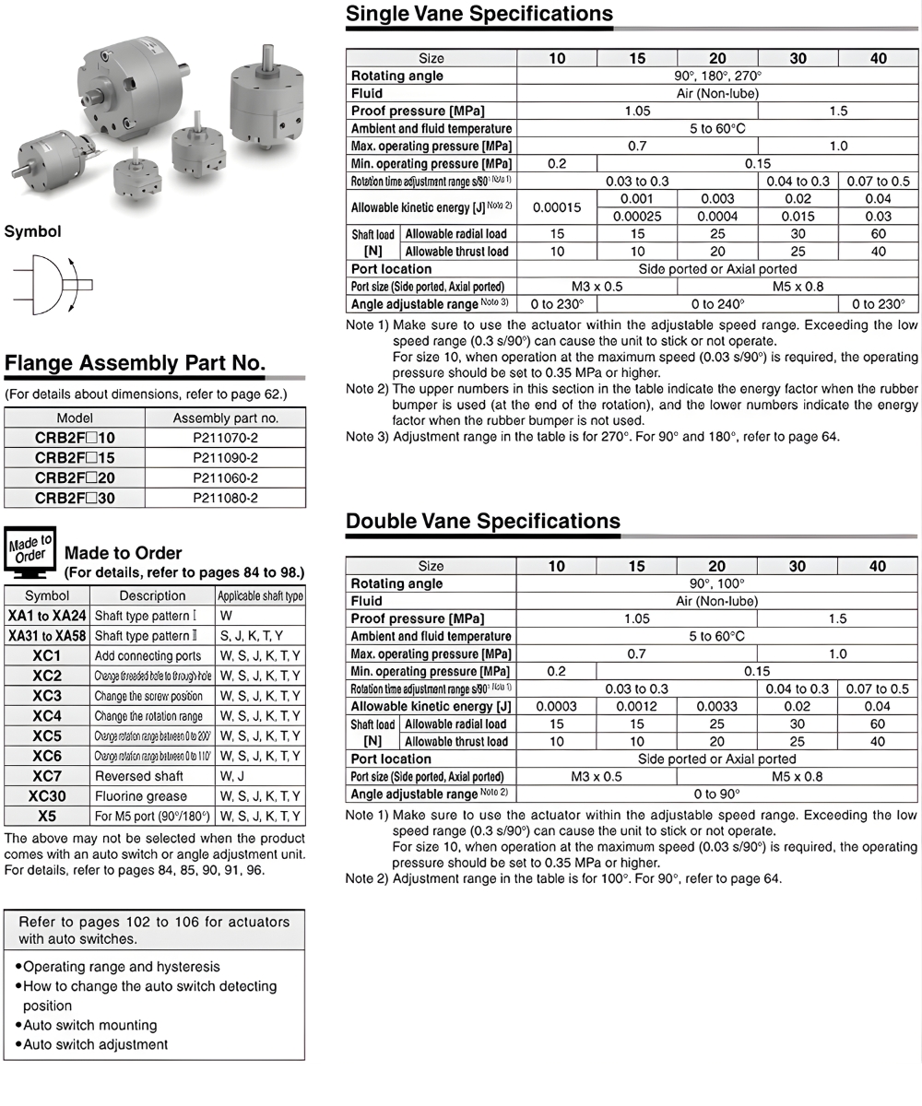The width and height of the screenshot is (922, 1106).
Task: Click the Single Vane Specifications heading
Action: (x=479, y=14)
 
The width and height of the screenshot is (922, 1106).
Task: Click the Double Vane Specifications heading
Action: (x=482, y=522)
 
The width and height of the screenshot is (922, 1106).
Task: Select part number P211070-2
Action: (x=225, y=438)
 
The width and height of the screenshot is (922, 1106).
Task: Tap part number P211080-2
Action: (x=225, y=498)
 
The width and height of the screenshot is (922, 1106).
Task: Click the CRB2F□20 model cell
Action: (x=75, y=477)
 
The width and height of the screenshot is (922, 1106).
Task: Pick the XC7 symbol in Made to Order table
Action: (x=47, y=776)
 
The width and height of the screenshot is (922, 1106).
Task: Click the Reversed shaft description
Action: (x=138, y=776)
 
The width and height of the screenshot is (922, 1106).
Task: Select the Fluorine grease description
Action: (x=140, y=796)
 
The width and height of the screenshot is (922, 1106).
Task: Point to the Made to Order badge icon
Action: (x=30, y=549)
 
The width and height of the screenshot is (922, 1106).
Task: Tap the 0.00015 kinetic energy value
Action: (x=557, y=207)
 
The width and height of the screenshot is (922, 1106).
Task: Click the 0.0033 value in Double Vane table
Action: (x=716, y=706)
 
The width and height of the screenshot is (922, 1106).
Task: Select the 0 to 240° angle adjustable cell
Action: (x=716, y=304)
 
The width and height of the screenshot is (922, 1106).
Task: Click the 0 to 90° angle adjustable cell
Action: (x=716, y=794)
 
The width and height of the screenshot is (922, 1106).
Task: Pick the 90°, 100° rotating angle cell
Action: (x=716, y=583)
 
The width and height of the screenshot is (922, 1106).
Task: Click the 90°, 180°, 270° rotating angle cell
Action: (x=716, y=76)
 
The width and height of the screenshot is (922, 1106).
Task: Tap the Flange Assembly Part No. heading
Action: (x=135, y=363)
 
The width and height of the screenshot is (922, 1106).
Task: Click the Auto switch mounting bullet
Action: (x=89, y=1025)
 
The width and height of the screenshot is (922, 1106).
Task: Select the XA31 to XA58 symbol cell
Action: (x=47, y=636)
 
